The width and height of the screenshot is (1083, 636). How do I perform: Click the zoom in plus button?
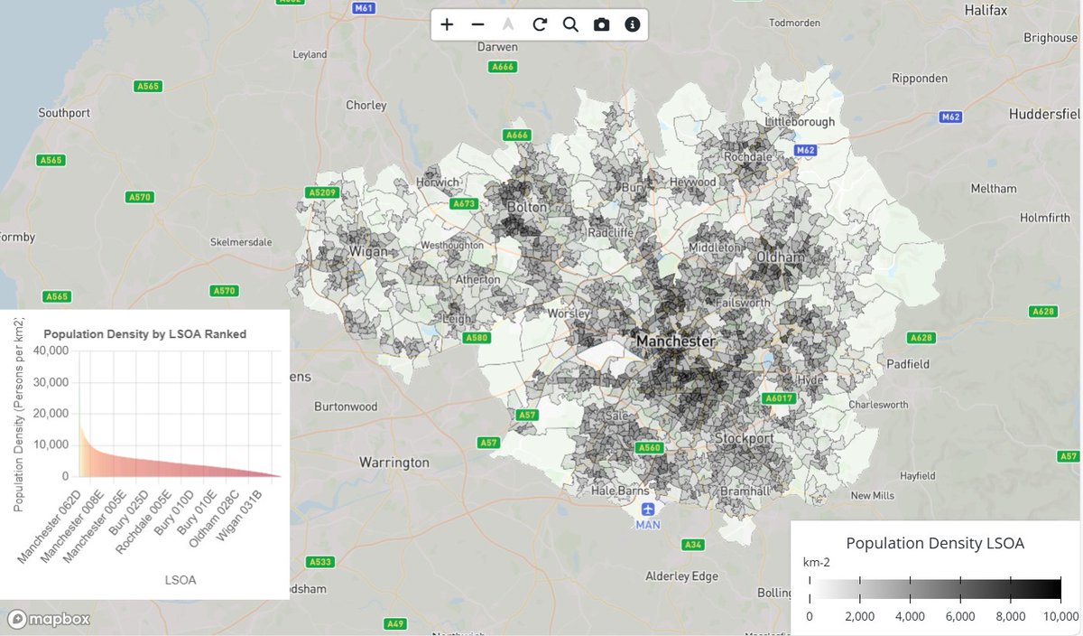click(x=447, y=24)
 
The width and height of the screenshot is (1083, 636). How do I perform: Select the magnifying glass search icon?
click(x=570, y=24)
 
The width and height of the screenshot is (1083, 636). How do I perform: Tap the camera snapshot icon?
click(x=601, y=24)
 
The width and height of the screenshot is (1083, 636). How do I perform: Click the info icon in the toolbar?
click(x=633, y=24)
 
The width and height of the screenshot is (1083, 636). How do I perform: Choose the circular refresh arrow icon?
click(x=540, y=24)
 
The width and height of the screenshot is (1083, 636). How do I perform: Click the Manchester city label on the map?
click(x=675, y=341)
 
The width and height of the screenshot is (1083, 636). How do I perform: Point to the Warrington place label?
click(x=394, y=463)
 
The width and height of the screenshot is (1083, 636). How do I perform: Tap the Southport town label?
click(x=64, y=113)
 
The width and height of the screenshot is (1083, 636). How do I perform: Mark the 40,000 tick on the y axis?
click(x=51, y=351)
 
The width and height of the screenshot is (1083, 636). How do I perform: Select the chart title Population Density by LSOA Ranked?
click(x=144, y=334)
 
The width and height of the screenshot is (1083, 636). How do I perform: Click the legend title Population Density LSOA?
click(x=935, y=543)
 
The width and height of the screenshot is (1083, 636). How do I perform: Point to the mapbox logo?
click(x=51, y=620)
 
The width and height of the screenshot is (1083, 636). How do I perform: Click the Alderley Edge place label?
click(x=681, y=576)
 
